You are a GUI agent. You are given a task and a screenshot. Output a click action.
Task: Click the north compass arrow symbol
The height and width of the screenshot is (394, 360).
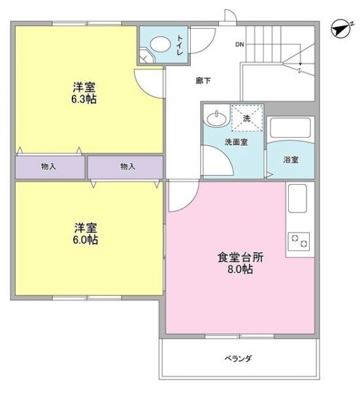(338, 29)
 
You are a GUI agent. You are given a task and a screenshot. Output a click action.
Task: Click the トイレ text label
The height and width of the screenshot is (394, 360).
(180, 44)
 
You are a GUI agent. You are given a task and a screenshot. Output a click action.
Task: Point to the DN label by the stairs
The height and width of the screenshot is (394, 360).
(240, 45)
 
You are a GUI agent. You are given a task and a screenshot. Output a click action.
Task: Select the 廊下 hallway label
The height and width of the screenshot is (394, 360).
(203, 82)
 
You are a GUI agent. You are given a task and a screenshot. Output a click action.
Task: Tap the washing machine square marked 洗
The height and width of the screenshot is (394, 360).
(246, 119)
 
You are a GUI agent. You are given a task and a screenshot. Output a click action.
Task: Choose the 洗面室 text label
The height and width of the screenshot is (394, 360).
(236, 142)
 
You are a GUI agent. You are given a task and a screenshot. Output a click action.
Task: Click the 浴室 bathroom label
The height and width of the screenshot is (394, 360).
(291, 159)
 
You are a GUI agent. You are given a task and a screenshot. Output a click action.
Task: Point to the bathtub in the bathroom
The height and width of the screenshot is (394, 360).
(291, 128)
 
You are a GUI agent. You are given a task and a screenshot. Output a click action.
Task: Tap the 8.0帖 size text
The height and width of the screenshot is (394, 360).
(239, 269)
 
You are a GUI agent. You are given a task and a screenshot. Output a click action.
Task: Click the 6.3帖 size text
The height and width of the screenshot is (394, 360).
(85, 100)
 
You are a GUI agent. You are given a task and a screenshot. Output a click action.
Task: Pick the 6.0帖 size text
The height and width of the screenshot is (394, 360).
(86, 240)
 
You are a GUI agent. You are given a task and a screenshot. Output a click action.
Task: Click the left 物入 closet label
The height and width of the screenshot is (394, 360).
(48, 167)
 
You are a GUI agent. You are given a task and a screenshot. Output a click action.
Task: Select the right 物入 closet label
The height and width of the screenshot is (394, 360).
(127, 167)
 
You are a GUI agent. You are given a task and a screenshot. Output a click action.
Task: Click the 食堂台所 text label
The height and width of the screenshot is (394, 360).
(240, 257)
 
